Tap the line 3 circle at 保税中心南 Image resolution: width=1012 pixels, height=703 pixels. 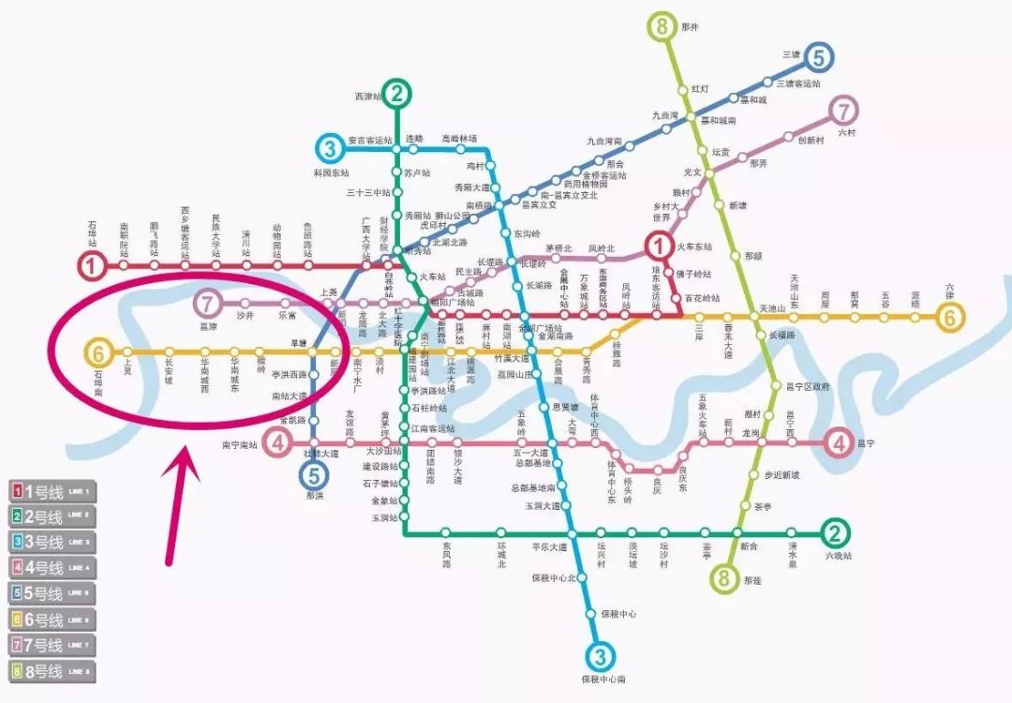coord(602,654)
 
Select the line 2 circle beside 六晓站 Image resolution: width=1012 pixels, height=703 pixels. coord(835,532)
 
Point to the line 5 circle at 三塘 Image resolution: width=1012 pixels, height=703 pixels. coord(819,58)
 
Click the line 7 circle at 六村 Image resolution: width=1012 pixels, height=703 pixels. coord(844,109)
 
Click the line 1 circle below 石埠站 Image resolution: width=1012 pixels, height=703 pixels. coord(92,266)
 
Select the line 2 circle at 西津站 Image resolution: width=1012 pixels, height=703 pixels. coord(397,93)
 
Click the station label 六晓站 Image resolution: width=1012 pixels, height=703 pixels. coord(839,556)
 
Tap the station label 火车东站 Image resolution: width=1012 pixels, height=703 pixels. coord(694,247)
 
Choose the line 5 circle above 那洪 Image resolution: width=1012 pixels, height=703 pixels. coord(314,474)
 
